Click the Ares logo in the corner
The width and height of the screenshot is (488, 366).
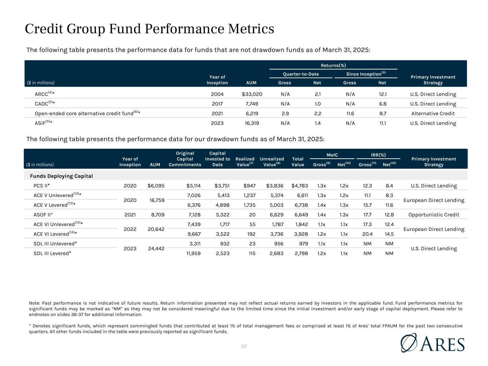pyautogui.click(x=432, y=343)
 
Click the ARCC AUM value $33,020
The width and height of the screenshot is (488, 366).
pyautogui.click(x=252, y=94)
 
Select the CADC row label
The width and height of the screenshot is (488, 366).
pyautogui.click(x=44, y=103)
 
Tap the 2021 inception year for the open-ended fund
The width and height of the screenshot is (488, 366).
pyautogui.click(x=217, y=114)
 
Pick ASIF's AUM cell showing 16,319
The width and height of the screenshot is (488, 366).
pyautogui.click(x=252, y=123)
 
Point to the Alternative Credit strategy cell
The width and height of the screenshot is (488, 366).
pyautogui.click(x=433, y=114)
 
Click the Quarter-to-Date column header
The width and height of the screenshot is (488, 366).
pyautogui.click(x=301, y=74)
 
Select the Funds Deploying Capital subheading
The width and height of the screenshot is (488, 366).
pyautogui.click(x=61, y=176)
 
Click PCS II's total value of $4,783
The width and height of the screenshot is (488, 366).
pyautogui.click(x=300, y=186)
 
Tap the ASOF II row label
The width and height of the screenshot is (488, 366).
pyautogui.click(x=43, y=215)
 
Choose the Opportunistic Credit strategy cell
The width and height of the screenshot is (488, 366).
pyautogui.click(x=434, y=215)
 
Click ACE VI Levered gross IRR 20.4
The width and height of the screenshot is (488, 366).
pyautogui.click(x=367, y=234)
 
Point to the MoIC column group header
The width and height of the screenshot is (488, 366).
pyautogui.click(x=332, y=155)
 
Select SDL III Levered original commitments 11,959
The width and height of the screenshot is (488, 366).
pyautogui.click(x=193, y=253)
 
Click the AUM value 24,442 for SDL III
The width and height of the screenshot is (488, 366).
pyautogui.click(x=156, y=248)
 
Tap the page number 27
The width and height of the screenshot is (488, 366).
pyautogui.click(x=244, y=346)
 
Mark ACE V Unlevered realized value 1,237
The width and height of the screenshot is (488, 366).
pyautogui.click(x=250, y=196)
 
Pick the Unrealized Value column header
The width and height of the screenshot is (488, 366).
pyautogui.click(x=272, y=162)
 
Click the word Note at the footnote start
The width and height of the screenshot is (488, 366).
pyautogui.click(x=34, y=303)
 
